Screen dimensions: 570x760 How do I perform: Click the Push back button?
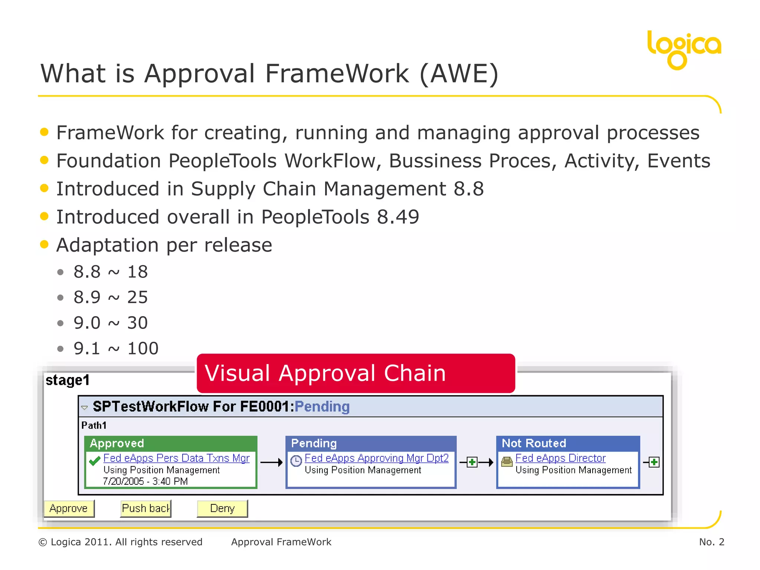146,508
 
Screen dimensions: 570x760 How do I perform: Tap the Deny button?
222,508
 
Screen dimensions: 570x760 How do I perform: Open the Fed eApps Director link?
560,458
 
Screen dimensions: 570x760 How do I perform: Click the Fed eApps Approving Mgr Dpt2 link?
376,458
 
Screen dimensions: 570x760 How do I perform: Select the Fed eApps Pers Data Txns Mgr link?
176,458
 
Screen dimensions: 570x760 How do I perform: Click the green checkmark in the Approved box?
95,461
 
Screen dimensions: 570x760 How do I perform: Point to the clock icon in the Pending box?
296,461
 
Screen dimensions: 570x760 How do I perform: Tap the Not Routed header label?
534,443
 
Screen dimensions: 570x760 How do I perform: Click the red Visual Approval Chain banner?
356,373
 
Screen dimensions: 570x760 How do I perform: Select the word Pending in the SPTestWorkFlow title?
322,407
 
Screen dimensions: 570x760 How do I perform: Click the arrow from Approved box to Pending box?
271,462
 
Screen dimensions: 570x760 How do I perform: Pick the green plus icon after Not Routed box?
654,462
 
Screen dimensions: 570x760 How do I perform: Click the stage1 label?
68,380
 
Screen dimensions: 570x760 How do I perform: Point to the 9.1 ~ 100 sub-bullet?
116,348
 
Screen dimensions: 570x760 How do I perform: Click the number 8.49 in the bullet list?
398,217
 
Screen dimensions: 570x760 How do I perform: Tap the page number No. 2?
711,542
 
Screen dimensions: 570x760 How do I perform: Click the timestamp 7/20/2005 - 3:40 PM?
145,481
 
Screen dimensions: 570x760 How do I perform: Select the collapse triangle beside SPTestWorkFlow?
85,407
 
